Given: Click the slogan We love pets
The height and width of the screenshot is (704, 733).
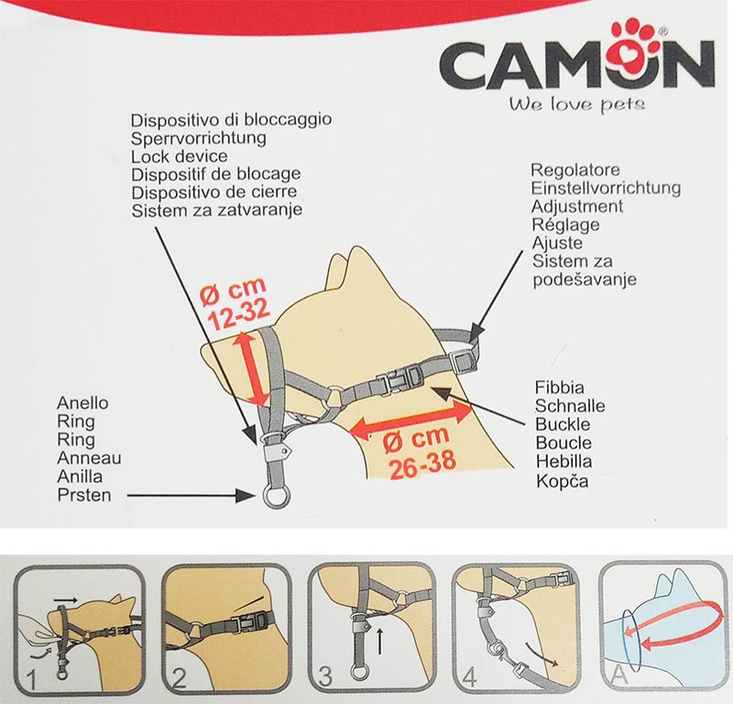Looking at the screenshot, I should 577,104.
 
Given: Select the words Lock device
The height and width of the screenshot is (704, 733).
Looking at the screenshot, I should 180,156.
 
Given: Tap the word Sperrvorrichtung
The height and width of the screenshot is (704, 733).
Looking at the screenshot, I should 199,138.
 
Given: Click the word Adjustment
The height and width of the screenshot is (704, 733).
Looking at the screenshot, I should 577,206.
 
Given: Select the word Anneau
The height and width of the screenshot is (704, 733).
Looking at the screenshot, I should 89,458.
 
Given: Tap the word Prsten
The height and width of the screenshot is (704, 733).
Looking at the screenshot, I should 84,495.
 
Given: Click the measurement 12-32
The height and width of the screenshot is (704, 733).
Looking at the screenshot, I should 233,314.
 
